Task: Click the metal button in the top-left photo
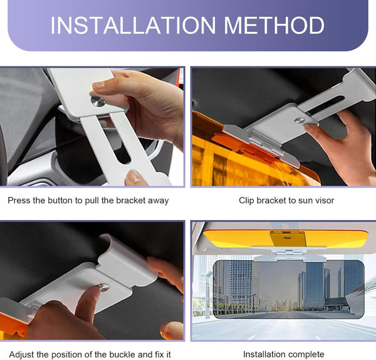click(97, 101)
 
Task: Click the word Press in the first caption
click(19, 201)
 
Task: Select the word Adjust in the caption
click(21, 354)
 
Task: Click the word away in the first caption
click(157, 201)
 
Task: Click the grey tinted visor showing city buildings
click(288, 285)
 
